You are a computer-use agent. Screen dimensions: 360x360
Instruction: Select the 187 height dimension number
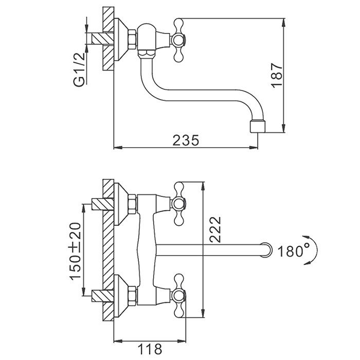coord(276,75)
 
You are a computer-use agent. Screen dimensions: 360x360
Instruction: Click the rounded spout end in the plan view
coord(266,250)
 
